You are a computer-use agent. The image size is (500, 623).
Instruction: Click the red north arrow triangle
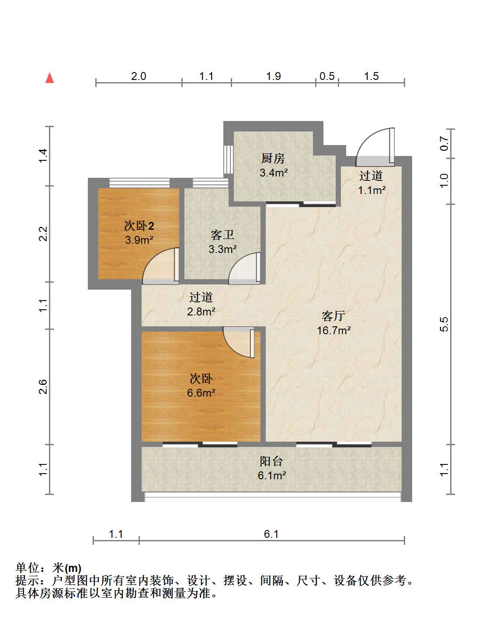click(x=49, y=78)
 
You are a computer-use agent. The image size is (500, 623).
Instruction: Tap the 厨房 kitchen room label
click(x=273, y=158)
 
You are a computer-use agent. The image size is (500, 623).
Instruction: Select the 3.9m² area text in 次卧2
click(x=139, y=240)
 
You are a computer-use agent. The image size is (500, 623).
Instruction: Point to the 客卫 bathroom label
click(x=222, y=235)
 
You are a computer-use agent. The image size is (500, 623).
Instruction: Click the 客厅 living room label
click(x=333, y=316)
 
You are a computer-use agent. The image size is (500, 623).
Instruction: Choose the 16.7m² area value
click(x=334, y=330)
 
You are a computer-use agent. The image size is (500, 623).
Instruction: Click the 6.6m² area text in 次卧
click(x=201, y=393)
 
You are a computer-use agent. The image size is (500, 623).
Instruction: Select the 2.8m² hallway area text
click(x=201, y=311)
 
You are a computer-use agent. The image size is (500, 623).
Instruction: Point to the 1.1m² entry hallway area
click(x=372, y=190)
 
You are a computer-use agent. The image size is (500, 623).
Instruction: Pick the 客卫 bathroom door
click(x=244, y=268)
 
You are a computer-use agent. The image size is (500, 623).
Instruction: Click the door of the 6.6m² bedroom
click(x=239, y=343)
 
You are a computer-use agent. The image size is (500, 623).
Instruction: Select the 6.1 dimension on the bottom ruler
click(x=271, y=534)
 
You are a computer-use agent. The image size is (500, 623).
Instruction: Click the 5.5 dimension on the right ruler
click(x=444, y=324)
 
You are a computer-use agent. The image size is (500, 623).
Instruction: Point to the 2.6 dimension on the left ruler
click(x=42, y=387)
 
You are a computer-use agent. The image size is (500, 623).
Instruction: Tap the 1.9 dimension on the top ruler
click(x=274, y=76)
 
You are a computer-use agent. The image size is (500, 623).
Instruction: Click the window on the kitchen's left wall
click(x=228, y=159)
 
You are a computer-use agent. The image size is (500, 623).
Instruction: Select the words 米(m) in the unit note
click(x=66, y=568)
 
